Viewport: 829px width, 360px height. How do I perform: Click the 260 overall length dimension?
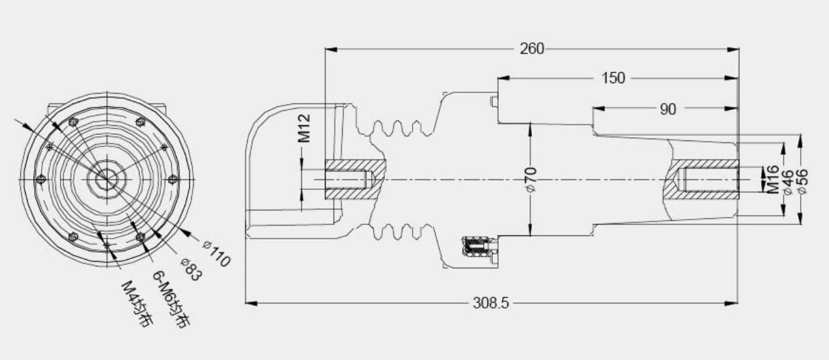click(x=532, y=49)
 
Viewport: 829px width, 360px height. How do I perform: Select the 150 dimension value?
click(x=613, y=78)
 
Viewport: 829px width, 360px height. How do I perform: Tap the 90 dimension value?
click(x=668, y=109)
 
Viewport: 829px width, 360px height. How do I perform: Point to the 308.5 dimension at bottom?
click(x=491, y=303)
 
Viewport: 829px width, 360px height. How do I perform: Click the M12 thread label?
click(x=304, y=128)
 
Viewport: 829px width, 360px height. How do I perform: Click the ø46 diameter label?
click(x=787, y=179)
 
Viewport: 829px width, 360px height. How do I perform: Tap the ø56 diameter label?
click(x=802, y=179)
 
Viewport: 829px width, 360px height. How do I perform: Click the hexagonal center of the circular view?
click(x=106, y=177)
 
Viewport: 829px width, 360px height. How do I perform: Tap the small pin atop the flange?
click(x=492, y=100)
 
